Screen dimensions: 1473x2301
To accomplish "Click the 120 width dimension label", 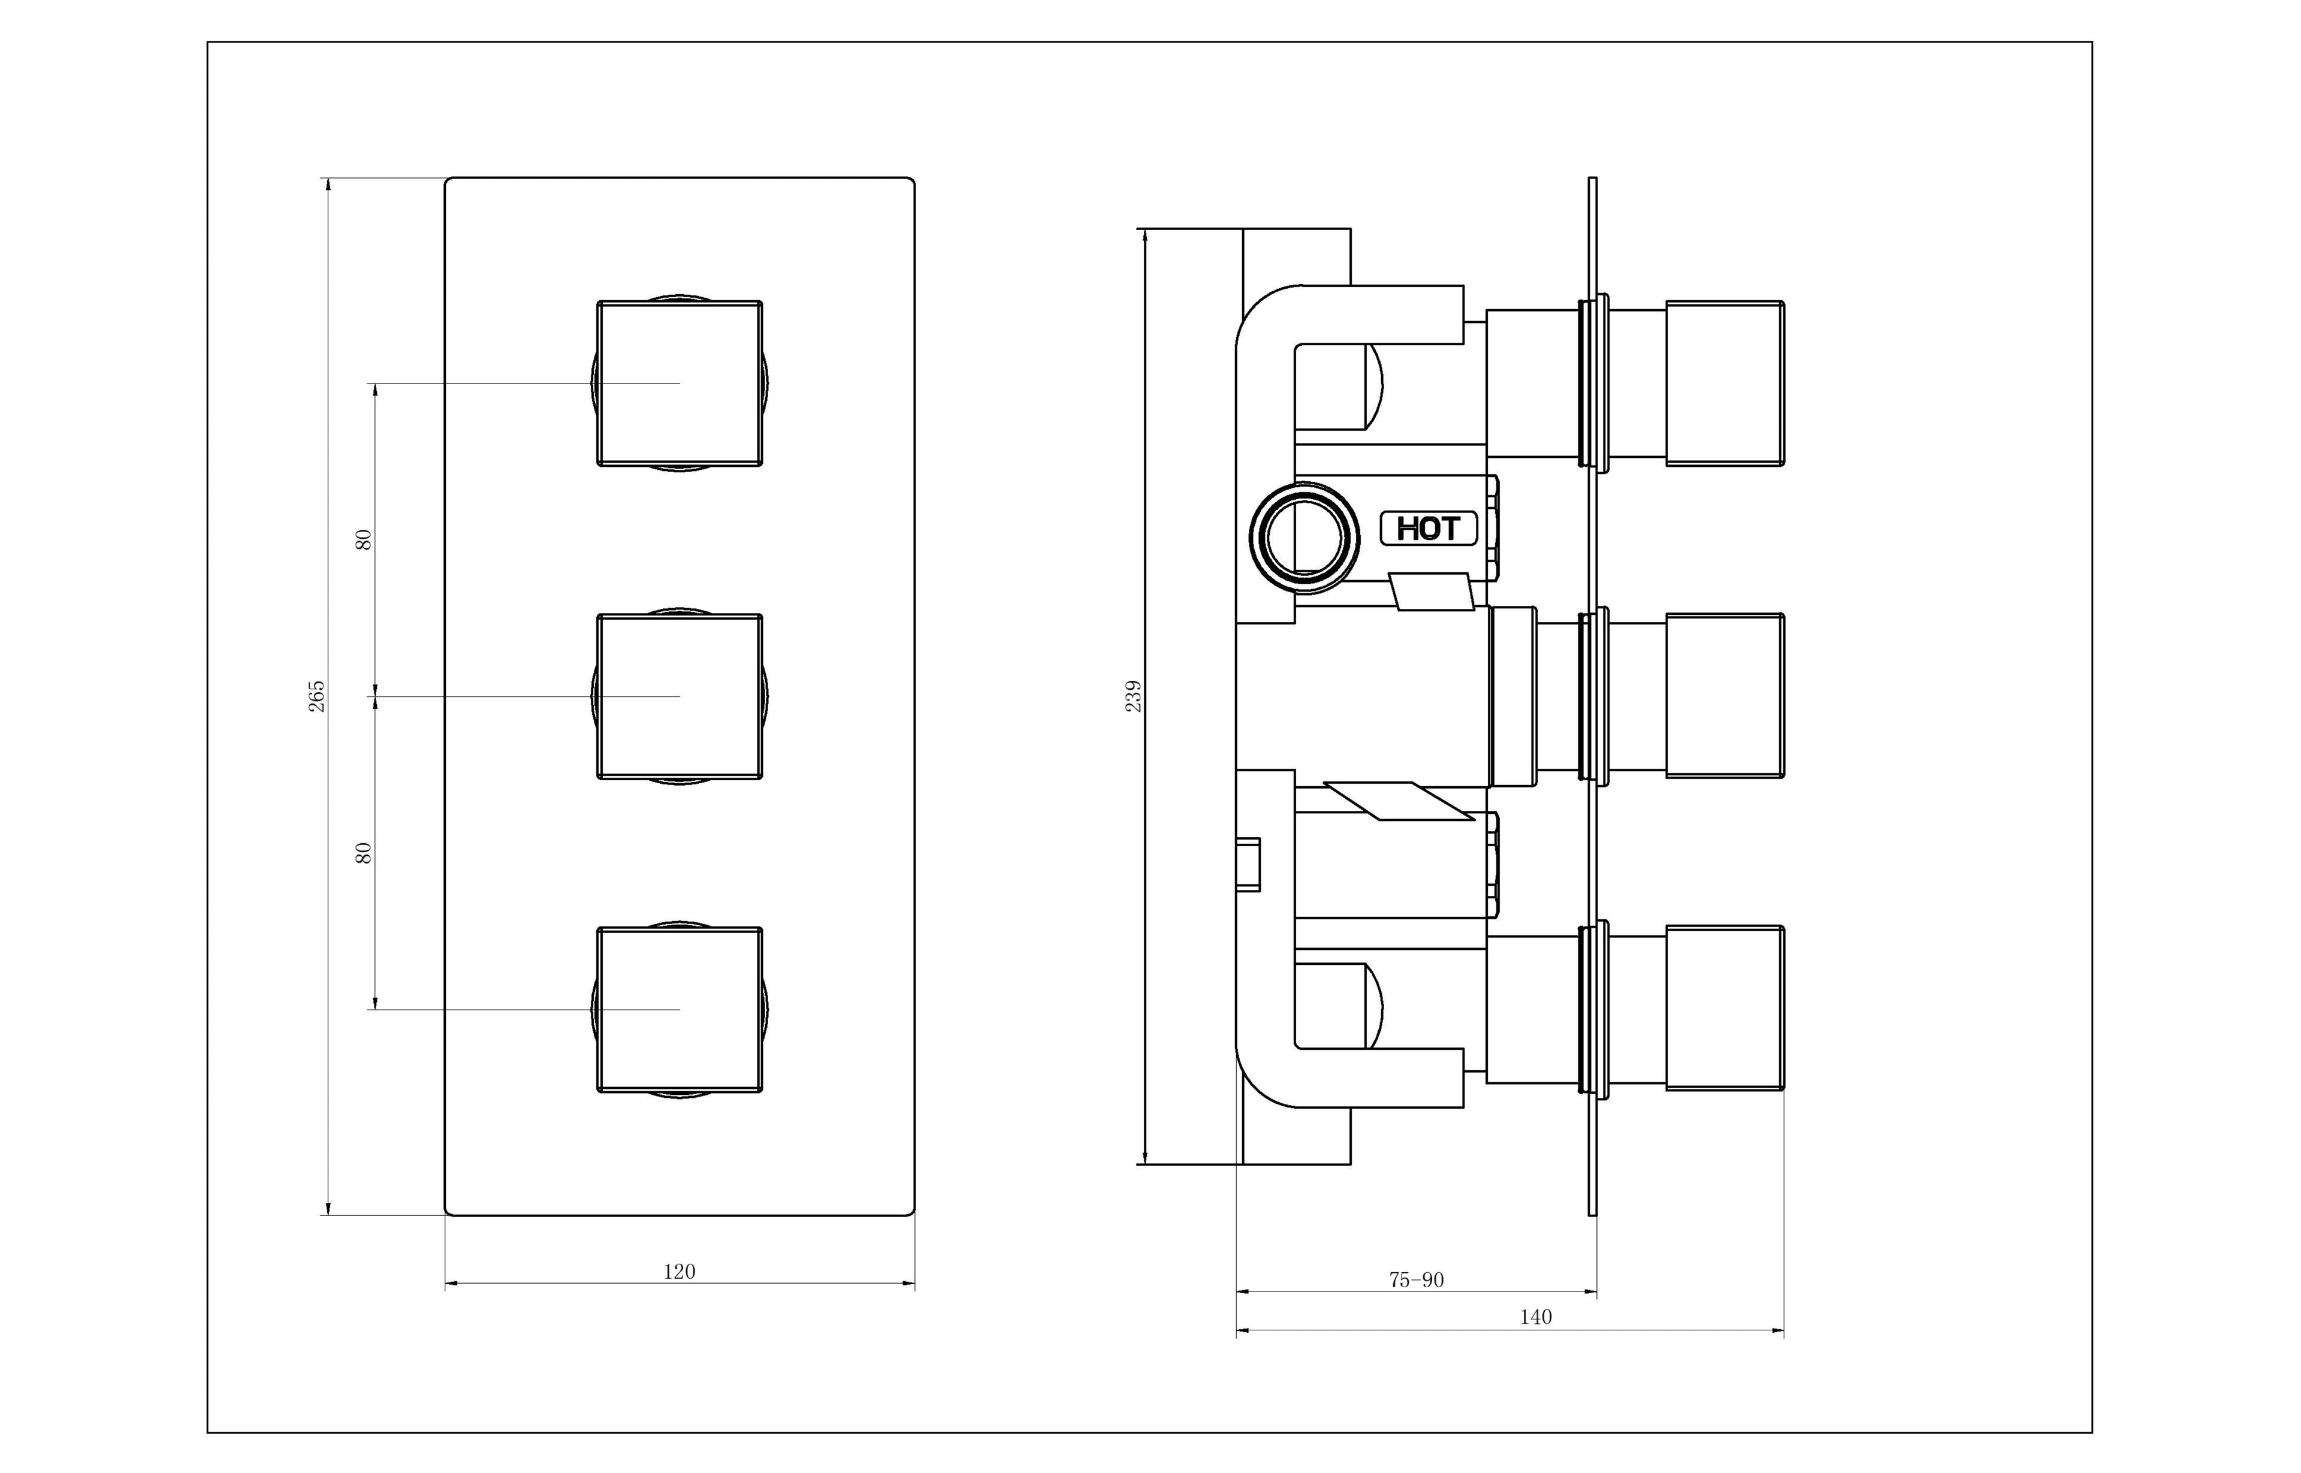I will point(679,1271).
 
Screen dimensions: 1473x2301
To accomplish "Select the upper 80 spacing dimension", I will point(363,539).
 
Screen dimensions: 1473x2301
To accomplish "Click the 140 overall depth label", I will point(1535,1317).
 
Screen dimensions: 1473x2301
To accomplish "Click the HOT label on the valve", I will point(1428,528).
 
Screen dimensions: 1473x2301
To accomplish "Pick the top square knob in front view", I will point(679,384).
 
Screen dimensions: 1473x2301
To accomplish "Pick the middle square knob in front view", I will point(679,696).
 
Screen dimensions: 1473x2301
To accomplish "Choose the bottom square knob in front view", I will point(679,1009).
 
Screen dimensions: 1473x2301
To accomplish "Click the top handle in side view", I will point(1725,384).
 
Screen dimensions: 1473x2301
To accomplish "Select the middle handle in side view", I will point(1725,696).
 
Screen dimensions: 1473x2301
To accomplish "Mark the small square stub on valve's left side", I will point(1248,865).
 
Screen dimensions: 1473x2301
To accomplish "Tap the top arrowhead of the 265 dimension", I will point(328,183).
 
